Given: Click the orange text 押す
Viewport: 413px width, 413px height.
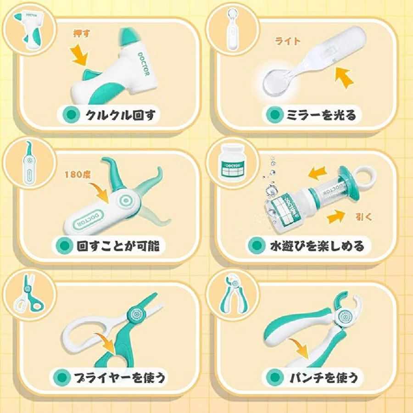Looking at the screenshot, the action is tap(81, 33).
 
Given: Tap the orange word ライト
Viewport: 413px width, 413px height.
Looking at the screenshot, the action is tap(288, 41).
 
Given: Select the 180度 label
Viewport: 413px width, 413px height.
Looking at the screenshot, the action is tap(78, 174).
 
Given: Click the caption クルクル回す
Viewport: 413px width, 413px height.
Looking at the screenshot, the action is tap(121, 115).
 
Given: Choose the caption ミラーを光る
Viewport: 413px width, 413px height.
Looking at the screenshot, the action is tap(321, 115).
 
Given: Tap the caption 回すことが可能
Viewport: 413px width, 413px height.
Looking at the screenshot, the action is tap(118, 246).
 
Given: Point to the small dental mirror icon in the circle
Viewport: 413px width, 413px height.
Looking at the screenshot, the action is tap(232, 29).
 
